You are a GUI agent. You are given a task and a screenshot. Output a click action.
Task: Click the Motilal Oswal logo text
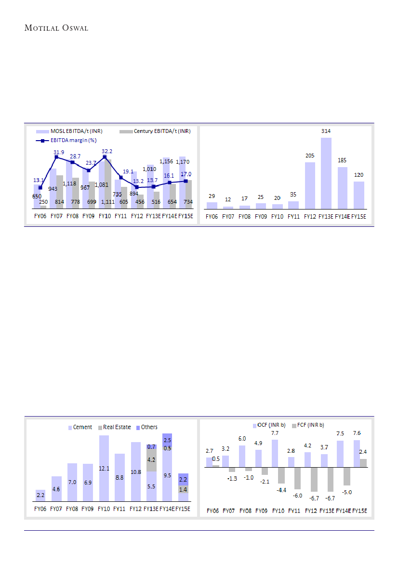coord(56,28)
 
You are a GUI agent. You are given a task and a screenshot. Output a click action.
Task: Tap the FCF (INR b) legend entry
coord(308,425)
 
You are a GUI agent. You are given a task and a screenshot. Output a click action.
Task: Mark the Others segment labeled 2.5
coord(167,439)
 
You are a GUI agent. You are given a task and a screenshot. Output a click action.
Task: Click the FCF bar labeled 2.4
coord(363,462)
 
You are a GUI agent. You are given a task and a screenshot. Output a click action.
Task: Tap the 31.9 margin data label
coord(59,152)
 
